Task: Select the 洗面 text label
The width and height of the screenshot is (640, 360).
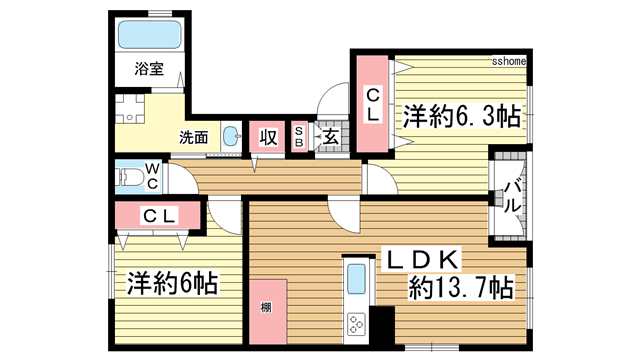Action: (x=193, y=137)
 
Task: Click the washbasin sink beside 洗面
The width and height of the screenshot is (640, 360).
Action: (x=231, y=138)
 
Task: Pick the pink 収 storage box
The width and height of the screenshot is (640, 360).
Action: (x=268, y=137)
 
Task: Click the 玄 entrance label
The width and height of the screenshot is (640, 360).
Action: (x=329, y=137)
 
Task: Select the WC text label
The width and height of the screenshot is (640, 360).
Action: (x=151, y=178)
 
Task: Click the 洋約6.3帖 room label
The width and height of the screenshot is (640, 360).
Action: (x=461, y=115)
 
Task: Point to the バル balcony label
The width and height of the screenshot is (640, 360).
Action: (x=511, y=196)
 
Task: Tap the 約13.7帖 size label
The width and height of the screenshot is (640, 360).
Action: (x=461, y=289)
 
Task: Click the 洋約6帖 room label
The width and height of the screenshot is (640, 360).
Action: (x=173, y=283)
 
